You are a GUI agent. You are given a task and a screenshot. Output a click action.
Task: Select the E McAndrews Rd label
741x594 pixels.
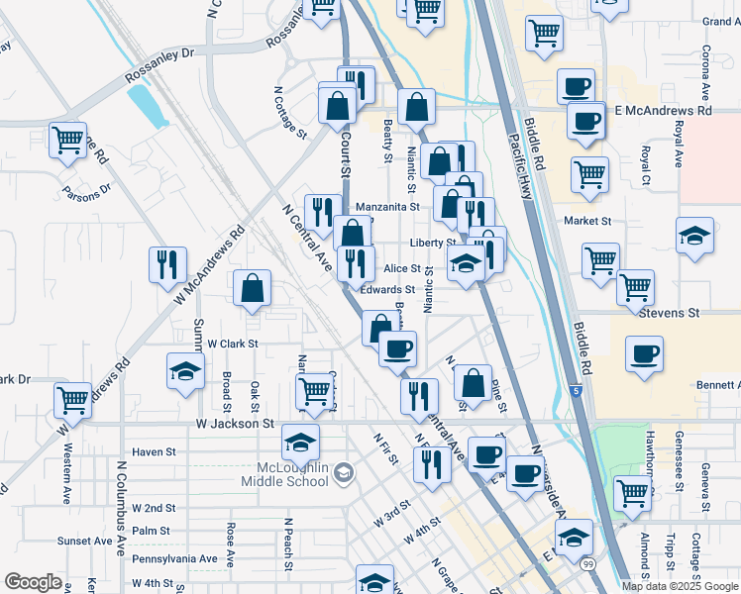[663, 111]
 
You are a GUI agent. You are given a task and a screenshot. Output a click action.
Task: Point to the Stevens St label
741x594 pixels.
[669, 312]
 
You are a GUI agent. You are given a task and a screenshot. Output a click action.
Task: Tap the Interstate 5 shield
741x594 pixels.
[577, 392]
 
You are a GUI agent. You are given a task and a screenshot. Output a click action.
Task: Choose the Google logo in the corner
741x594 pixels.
[33, 581]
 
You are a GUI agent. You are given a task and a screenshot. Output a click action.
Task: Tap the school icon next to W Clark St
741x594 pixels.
[185, 371]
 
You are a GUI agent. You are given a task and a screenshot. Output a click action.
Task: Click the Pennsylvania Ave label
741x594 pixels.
[174, 558]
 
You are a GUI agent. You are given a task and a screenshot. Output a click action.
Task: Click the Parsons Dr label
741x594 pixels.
[86, 191]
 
